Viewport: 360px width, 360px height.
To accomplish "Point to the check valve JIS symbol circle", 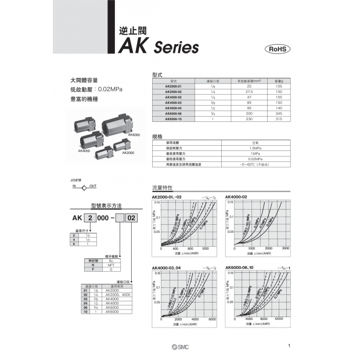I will click(x=85, y=188).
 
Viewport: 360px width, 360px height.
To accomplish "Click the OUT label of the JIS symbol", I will click(x=93, y=183).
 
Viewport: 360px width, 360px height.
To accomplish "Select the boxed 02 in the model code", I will click(x=132, y=218).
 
